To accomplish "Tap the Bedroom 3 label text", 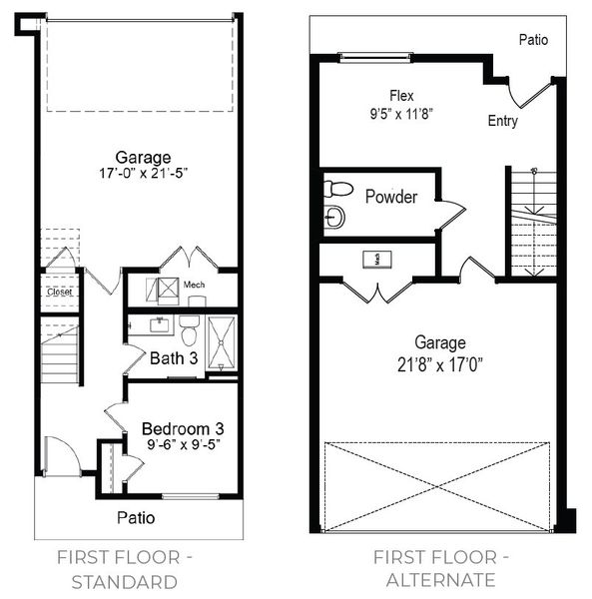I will [x=182, y=429].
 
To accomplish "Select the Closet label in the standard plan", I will [x=58, y=293].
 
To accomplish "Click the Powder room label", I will [x=391, y=197].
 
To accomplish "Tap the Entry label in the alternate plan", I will [x=502, y=121].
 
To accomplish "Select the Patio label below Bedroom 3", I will [x=135, y=518].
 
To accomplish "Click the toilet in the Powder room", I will [x=337, y=189].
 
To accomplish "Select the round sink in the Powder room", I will [x=334, y=217].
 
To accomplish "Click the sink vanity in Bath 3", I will [x=159, y=324].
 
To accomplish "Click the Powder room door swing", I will [x=452, y=213].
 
